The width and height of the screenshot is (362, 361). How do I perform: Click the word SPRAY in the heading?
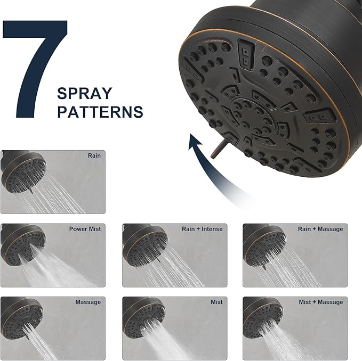click(85, 94)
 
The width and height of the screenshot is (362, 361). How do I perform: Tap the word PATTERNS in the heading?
click(100, 112)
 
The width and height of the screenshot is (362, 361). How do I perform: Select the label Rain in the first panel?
click(94, 156)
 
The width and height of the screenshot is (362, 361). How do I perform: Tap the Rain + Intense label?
click(202, 229)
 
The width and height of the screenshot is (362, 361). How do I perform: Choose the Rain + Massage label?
click(320, 229)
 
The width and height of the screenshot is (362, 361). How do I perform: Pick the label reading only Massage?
click(88, 302)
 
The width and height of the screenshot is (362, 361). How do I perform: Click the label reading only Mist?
click(216, 302)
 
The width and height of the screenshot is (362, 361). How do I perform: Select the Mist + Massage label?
click(321, 302)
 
